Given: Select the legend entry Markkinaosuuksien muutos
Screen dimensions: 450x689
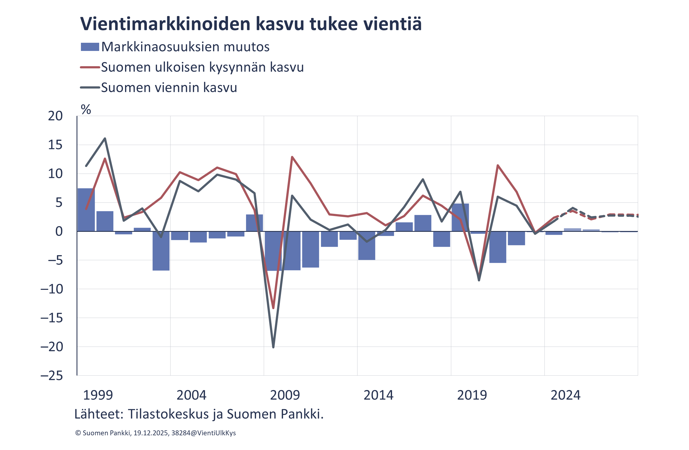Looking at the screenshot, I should point(185,47).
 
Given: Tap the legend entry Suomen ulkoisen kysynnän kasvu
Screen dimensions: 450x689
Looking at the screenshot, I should point(202,67).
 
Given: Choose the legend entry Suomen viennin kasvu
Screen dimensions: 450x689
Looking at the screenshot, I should point(169,87).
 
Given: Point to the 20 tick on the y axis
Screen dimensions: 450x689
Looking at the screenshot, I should point(55,116).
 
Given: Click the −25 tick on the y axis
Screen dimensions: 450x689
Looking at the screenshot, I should point(52,376).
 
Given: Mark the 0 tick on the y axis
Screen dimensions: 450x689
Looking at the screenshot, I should point(59,232).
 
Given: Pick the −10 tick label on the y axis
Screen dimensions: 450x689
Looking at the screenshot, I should point(52,289).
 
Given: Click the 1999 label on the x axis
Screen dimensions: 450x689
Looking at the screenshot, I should point(98,395).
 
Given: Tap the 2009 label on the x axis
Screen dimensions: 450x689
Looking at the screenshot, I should point(285,395).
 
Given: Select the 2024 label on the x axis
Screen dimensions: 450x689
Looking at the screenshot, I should point(565,395).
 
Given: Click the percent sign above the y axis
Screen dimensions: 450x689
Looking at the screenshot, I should point(86,110).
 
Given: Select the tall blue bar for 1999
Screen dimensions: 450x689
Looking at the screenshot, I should point(86,210).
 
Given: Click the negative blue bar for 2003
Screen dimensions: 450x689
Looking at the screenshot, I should point(161,251).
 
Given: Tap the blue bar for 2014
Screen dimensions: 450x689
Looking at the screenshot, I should point(367,246).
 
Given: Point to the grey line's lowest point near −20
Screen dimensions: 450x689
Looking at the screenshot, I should point(273,347).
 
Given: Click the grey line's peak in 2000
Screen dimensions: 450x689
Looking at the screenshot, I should point(105,138).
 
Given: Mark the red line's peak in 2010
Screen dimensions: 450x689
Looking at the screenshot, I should point(292,157).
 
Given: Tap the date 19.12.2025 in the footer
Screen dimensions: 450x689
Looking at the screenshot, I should point(151,433).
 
